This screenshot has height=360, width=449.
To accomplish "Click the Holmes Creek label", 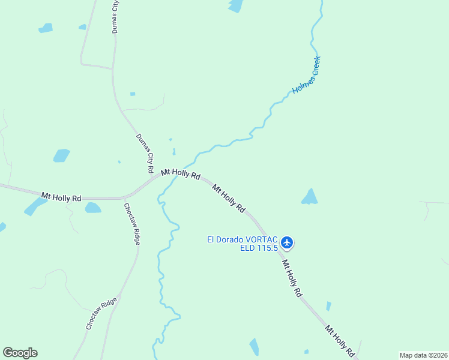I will tap(307, 75).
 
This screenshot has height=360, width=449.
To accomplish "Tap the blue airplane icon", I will tap(287, 242).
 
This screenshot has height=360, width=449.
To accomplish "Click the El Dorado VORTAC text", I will tap(243, 239).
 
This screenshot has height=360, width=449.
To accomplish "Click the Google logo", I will tap(20, 353).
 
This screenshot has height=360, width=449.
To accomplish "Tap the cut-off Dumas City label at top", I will tap(115, 16).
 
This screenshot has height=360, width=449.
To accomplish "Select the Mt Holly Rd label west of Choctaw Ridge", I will tap(61, 196).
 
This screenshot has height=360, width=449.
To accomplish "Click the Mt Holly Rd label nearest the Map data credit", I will tap(339, 339).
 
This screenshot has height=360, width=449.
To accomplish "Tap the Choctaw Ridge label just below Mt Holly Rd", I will tap(132, 223).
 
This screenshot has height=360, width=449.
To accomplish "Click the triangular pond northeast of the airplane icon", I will tap(309, 197).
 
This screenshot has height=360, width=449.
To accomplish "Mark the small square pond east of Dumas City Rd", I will tap(133, 94).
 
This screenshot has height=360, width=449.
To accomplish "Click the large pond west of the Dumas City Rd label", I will tap(61, 155).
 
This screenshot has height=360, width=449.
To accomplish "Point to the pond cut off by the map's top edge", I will tap(235, 5).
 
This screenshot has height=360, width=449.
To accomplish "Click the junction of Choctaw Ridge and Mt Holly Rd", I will tap(124, 197).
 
